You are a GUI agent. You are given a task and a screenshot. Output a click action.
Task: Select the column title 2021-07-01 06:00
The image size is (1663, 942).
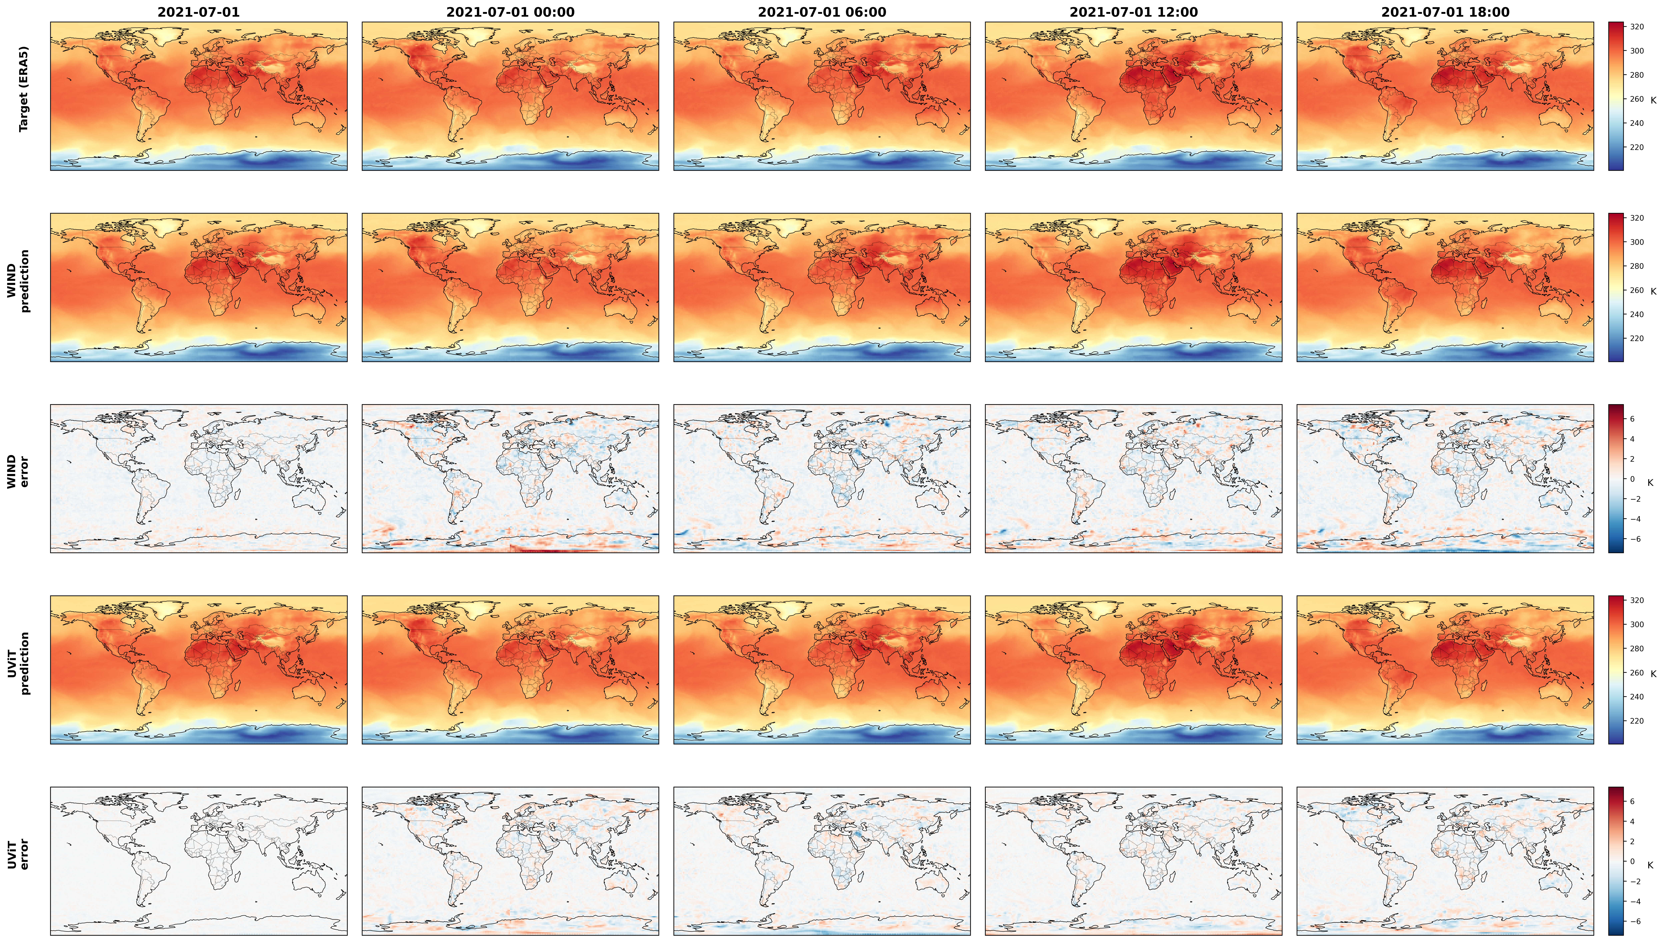tap(822, 12)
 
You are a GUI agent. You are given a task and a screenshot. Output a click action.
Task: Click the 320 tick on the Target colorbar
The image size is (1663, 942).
tap(1637, 26)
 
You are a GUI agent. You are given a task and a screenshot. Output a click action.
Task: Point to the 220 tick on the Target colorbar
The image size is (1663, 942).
tap(1637, 147)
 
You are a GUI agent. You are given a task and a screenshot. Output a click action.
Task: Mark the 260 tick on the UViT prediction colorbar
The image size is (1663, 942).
tap(1637, 673)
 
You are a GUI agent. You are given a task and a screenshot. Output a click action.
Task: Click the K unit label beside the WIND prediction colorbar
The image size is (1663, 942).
tap(1653, 291)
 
